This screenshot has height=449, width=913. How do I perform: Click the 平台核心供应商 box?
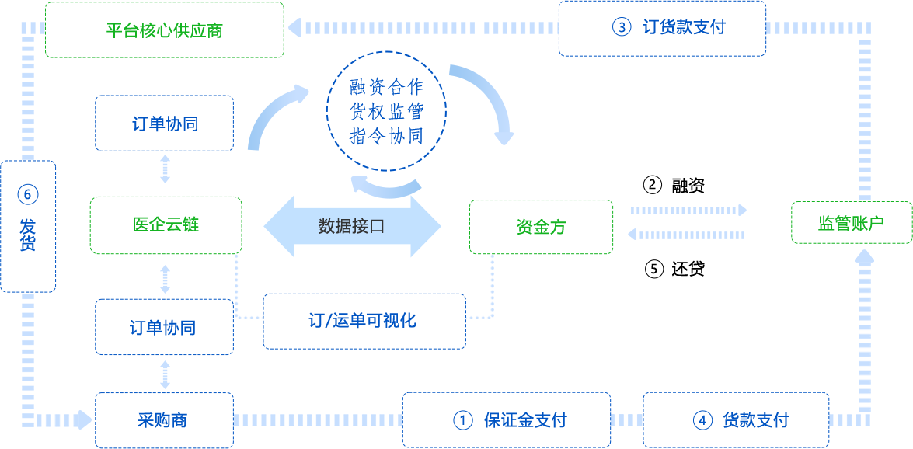coord(164,30)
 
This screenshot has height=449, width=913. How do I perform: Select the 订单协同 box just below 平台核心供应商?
coord(164,124)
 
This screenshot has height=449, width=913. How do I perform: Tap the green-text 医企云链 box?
coord(166,224)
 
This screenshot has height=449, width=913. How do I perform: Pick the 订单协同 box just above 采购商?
coord(162,327)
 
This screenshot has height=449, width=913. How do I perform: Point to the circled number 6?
coord(27,194)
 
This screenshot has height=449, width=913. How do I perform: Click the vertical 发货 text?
coord(27,235)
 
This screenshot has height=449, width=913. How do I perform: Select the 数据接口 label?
coord(351,226)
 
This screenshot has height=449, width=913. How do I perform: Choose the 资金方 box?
coord(541,227)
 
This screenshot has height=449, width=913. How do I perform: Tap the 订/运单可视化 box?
coord(364,320)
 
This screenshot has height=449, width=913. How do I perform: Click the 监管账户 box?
coord(852,224)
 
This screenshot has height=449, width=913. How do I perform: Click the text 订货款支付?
coord(684,27)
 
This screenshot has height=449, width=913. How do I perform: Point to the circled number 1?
coord(463,420)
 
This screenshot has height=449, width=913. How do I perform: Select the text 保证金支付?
coord(525,420)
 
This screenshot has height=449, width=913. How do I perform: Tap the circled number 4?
coord(702,420)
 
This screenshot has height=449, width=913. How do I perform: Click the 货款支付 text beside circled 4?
coord(755,420)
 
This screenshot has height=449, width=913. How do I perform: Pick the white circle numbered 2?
coord(653,185)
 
